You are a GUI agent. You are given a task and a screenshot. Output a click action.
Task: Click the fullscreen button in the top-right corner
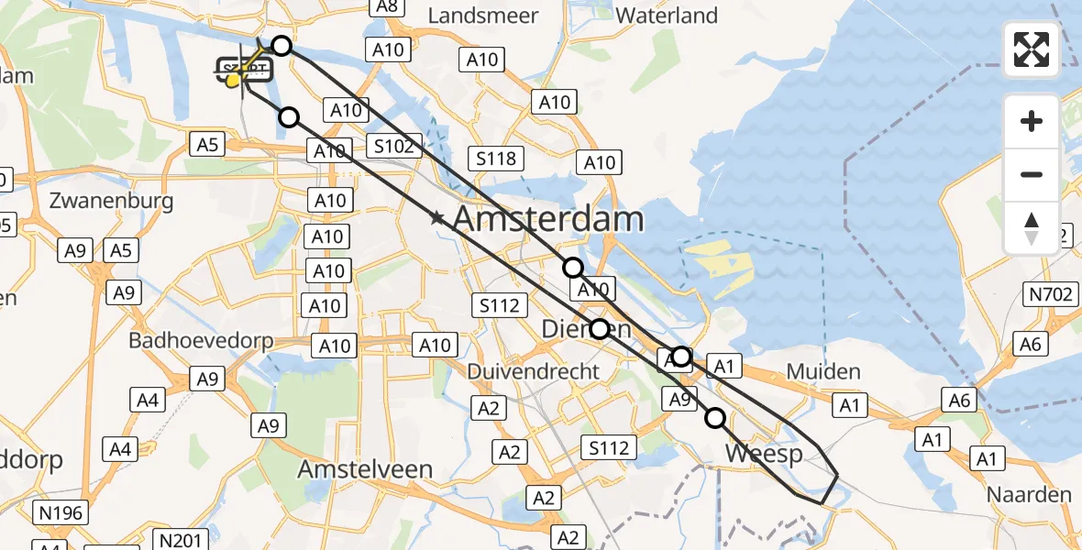coord(1032,49)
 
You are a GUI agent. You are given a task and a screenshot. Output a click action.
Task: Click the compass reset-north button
coord(1032,226)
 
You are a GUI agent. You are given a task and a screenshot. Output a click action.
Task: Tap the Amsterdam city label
coord(548,219)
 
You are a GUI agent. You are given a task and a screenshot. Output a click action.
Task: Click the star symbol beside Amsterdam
coord(437,218)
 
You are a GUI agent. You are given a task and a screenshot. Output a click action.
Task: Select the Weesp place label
coord(764,454)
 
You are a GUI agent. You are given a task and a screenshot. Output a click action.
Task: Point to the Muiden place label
coord(823,371)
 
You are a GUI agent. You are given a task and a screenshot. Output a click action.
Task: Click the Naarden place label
coord(1029,495)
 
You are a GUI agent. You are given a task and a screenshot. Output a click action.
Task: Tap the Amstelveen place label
coord(365,469)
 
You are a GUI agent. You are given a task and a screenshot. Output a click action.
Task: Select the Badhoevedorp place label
coord(201,341)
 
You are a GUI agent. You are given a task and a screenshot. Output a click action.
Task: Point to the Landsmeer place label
coord(482,16)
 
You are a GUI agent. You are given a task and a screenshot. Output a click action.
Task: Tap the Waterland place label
coord(667,16)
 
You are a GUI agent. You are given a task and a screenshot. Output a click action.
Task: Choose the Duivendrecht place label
coord(533,371)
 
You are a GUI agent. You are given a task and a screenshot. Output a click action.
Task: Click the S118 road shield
coord(496,159)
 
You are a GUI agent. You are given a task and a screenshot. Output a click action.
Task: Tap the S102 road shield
coord(397,146)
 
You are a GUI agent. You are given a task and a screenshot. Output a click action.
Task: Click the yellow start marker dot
coord(233,81)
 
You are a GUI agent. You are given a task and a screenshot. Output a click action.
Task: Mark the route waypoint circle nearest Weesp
coord(715,419)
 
